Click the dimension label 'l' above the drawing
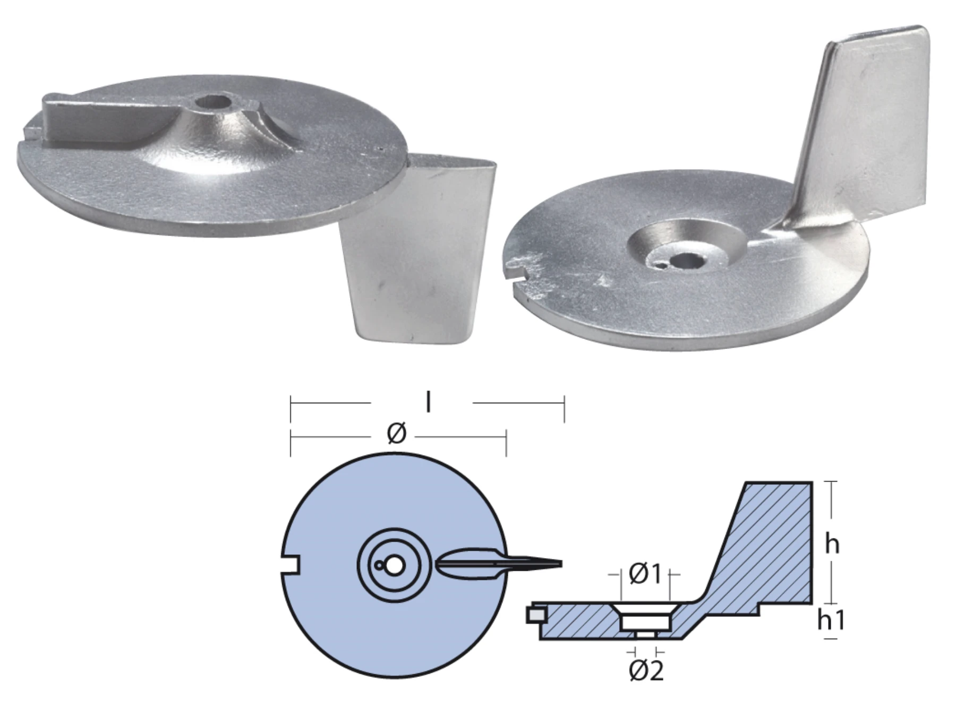[x=428, y=403]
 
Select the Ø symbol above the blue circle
[x=397, y=433]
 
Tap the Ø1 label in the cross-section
[x=645, y=573]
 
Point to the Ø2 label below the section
[x=646, y=671]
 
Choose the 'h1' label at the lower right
[x=830, y=620]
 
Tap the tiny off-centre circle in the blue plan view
[x=378, y=566]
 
